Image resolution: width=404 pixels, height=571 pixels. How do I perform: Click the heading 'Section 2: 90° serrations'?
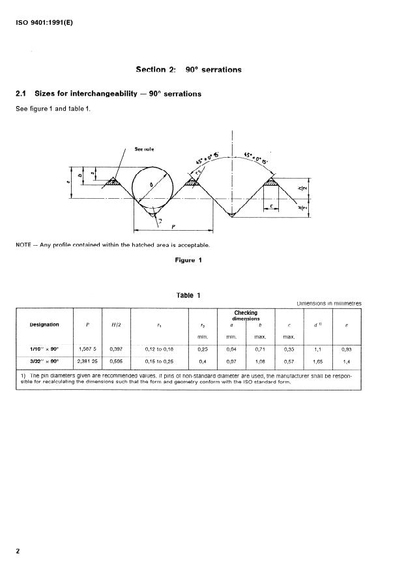(x=188, y=69)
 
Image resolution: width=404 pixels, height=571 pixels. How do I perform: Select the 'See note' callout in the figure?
(x=145, y=149)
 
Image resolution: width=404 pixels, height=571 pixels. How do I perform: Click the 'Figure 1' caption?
(x=188, y=260)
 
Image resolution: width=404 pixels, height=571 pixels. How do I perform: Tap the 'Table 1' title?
(x=188, y=295)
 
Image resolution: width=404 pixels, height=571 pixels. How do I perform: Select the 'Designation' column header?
(x=44, y=325)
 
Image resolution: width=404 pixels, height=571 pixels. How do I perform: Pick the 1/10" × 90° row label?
(x=44, y=349)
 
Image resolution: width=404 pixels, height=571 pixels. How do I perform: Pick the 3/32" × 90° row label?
(x=44, y=360)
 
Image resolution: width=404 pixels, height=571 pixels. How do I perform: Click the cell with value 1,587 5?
(x=87, y=349)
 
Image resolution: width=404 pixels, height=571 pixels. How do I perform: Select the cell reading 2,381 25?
(x=87, y=360)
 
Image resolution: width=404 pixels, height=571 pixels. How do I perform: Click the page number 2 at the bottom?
(x=18, y=551)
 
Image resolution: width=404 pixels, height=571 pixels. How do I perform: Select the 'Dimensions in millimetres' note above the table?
(x=328, y=303)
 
